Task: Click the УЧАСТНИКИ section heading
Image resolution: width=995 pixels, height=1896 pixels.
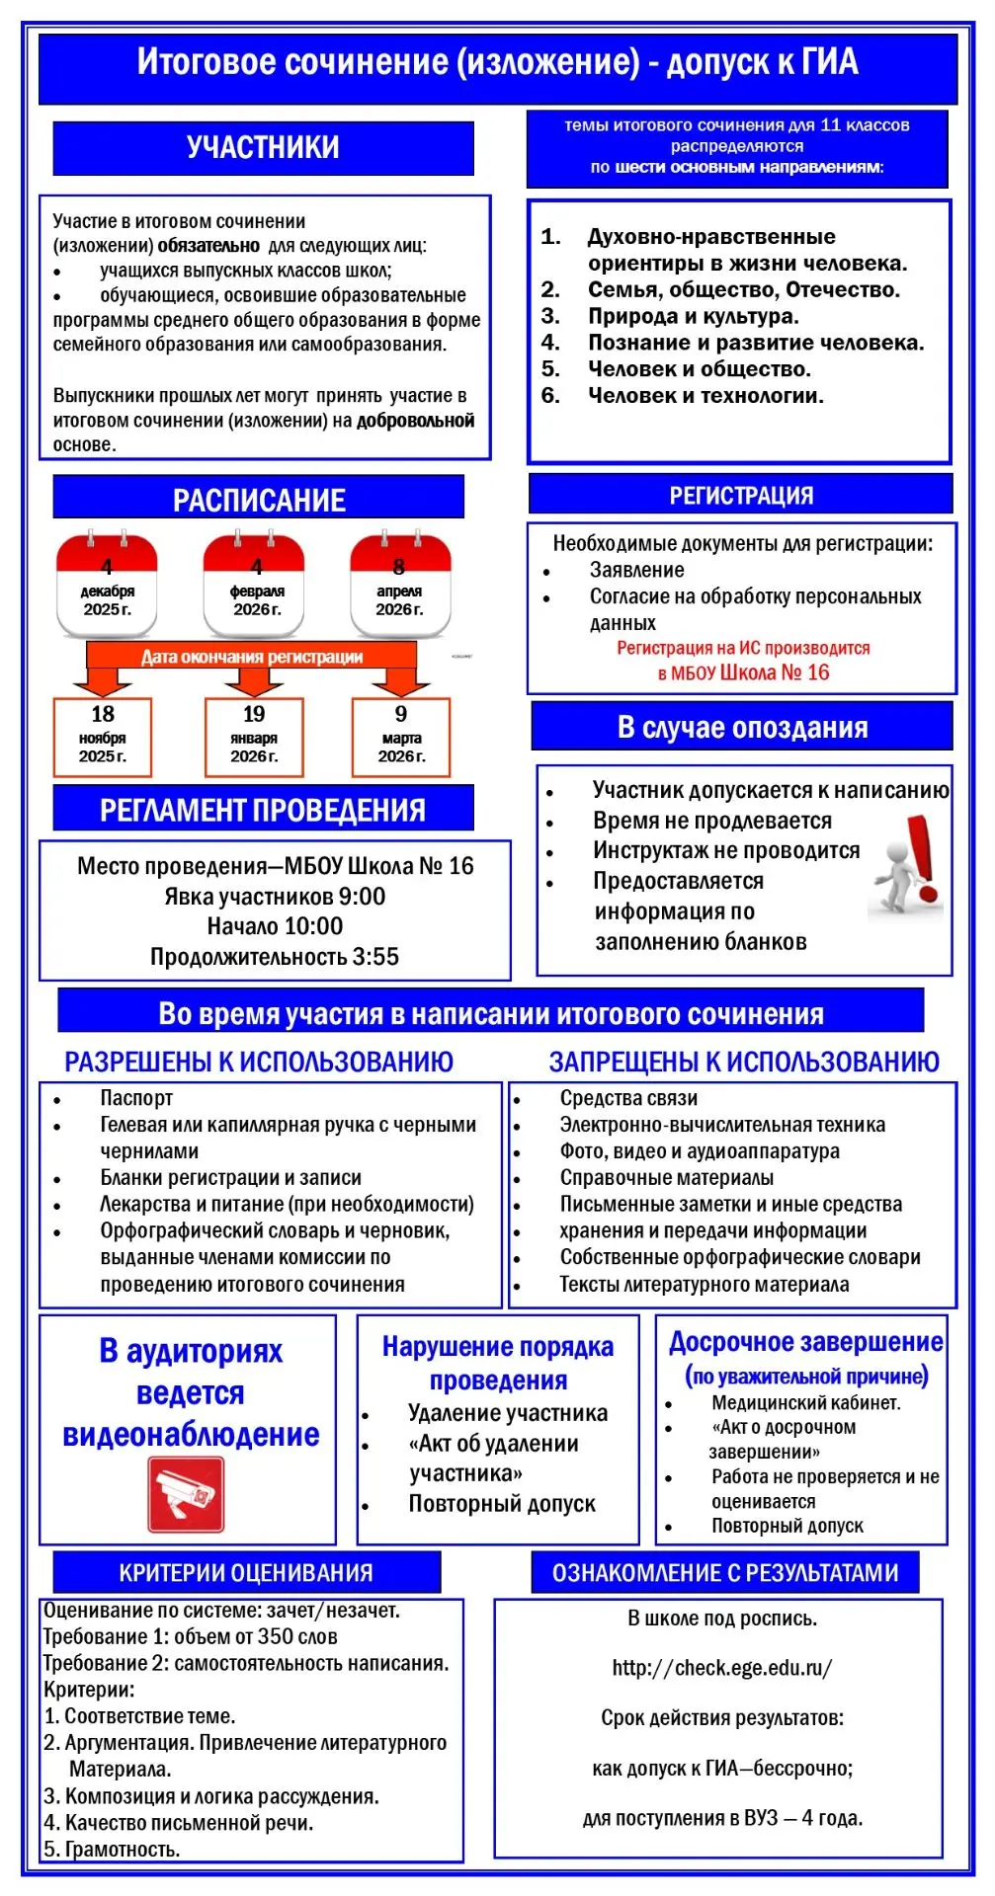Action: tap(263, 148)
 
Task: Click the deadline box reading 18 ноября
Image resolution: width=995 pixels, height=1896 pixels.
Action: tap(103, 737)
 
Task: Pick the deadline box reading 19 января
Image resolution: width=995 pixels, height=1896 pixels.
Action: tap(254, 737)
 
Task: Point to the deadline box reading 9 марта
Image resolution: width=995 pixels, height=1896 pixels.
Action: tap(401, 737)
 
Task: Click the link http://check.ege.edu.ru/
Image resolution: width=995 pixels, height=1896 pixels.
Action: tap(722, 1668)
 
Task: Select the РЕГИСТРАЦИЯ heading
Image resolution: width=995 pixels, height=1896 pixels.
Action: tap(741, 495)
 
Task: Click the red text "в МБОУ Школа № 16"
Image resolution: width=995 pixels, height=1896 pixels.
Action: tap(743, 673)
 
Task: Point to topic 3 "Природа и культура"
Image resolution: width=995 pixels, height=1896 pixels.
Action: tap(693, 316)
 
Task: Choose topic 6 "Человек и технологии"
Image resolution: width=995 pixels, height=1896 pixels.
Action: tap(705, 395)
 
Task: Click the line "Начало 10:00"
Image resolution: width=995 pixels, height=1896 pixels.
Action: tap(275, 926)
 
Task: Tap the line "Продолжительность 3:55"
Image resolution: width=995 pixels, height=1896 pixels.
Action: tap(275, 957)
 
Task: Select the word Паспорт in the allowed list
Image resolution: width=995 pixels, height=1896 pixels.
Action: tap(136, 1098)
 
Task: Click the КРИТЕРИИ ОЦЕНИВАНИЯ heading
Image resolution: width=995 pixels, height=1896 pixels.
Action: tap(246, 1572)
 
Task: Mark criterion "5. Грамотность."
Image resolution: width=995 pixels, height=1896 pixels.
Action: tap(112, 1850)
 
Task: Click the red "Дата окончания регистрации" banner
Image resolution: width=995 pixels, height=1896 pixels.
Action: tap(252, 657)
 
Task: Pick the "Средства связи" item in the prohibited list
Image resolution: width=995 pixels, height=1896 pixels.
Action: tap(628, 1098)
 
